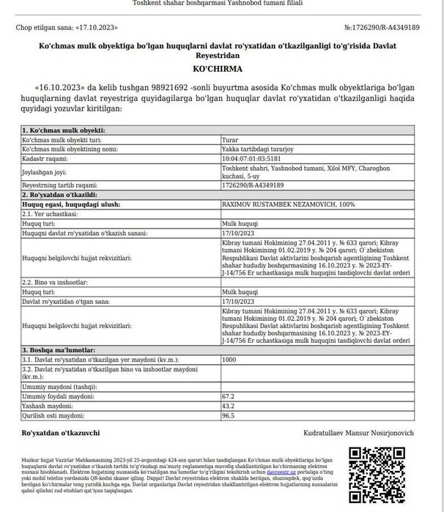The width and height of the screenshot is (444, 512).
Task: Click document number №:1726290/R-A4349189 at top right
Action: tap(382, 29)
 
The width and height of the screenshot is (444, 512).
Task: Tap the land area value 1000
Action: tap(229, 360)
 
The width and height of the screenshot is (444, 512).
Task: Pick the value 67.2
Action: tap(228, 396)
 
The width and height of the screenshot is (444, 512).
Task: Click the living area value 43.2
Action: tap(228, 405)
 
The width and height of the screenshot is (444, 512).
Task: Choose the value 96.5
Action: tap(228, 415)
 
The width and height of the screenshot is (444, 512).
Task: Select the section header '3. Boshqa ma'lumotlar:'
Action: tap(59, 350)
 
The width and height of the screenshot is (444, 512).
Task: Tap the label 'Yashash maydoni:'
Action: tap(48, 405)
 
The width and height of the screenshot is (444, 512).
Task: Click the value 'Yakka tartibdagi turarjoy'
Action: tap(253, 148)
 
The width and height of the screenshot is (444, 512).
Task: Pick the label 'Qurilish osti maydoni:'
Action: tap(55, 415)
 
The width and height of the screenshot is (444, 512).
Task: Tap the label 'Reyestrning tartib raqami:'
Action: tap(59, 185)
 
